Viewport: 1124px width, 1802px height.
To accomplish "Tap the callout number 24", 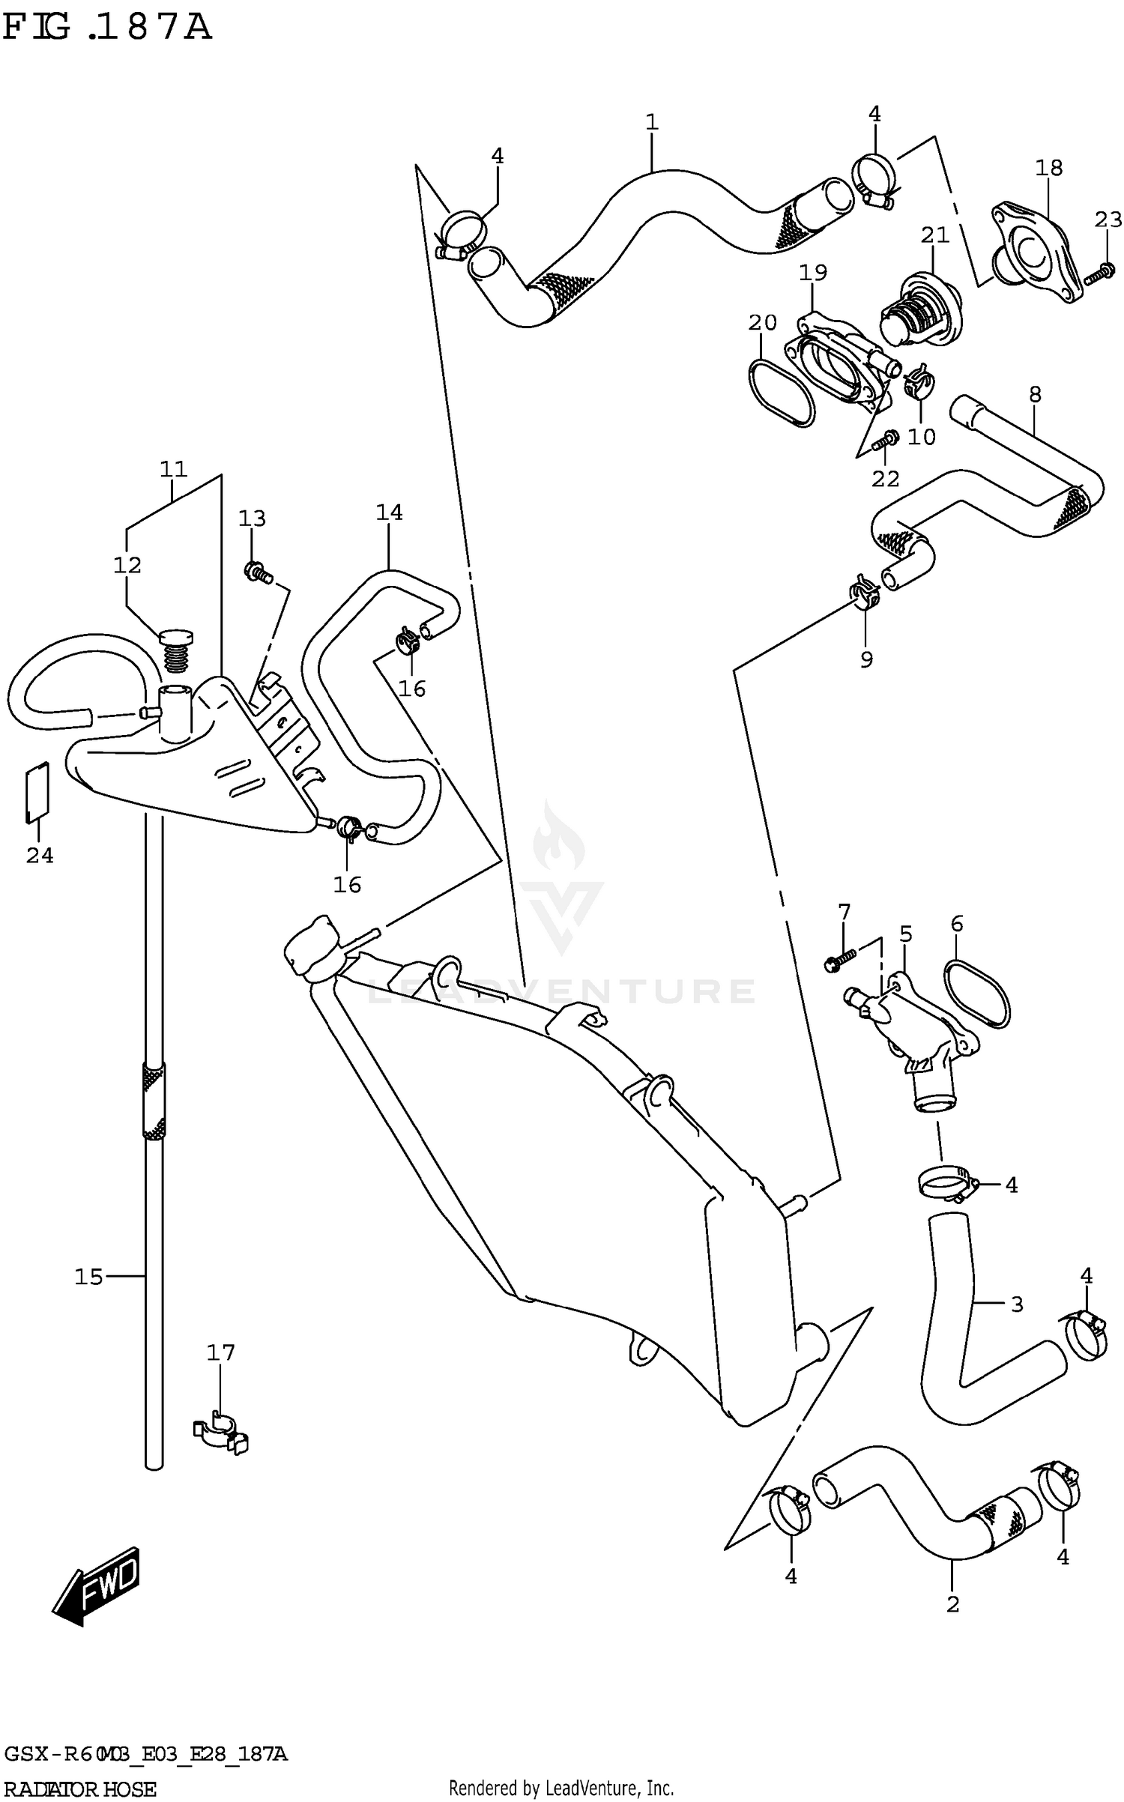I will tap(40, 855).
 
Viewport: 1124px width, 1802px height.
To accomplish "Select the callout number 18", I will tap(1048, 168).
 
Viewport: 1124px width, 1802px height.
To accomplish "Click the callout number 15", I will tap(88, 1276).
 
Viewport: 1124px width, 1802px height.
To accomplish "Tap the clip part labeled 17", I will tap(220, 1433).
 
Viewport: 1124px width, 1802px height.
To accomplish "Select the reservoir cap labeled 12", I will tap(176, 650).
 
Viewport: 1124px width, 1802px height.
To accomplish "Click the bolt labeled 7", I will tap(840, 961).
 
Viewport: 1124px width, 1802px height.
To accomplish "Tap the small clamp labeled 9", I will tap(865, 593).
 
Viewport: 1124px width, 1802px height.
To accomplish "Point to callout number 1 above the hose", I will tap(651, 122).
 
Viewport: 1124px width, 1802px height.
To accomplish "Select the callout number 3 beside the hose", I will tap(1016, 1304).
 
